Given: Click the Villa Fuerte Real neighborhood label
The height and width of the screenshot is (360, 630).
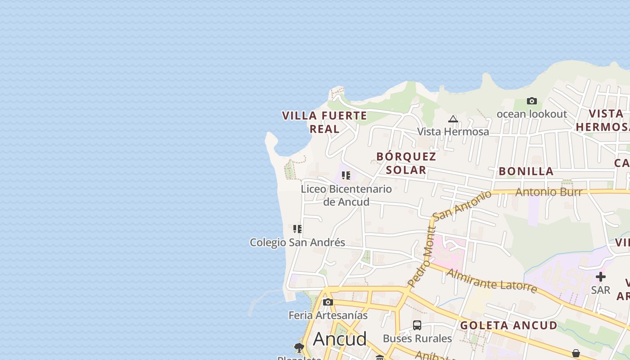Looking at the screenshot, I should pos(324,122).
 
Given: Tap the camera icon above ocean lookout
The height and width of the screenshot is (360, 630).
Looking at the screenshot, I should pos(531,101).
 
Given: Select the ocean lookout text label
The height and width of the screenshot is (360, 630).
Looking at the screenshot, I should pos(531,114).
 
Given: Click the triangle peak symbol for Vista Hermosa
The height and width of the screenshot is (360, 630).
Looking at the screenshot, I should pos(453,119).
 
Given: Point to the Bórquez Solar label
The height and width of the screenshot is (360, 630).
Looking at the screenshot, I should pos(406,163).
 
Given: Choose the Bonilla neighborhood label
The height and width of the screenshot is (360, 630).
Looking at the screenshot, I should pos(526,171).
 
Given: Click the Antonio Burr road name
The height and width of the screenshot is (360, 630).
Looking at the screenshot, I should pos(549,192).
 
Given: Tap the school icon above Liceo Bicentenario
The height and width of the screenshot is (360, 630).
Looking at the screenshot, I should pos(346,175).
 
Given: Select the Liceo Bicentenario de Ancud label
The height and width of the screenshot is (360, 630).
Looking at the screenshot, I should pos(346,195).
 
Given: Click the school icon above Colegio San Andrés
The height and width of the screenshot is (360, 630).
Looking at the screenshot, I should pos(297,229).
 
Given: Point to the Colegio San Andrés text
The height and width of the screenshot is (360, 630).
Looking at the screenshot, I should pos(297,243).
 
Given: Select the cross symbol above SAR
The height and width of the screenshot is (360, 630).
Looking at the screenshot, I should pos(601,277).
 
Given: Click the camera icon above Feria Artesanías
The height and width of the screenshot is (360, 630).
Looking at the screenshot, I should pos(328,302).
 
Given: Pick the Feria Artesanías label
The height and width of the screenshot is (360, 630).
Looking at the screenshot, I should pos(328,315).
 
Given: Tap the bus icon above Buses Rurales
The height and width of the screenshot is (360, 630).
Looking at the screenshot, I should pos(417,325).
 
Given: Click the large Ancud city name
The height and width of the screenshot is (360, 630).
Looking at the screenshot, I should pos(340,339).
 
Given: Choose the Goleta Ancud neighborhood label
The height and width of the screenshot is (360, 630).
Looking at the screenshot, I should pos(508,325).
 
